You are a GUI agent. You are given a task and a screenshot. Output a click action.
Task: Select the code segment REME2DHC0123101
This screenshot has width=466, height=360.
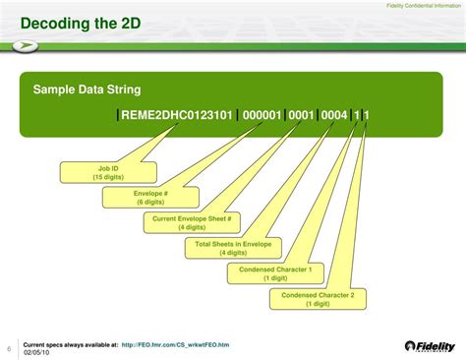point(177,115)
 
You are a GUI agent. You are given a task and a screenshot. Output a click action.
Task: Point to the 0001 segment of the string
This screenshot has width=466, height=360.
point(301,115)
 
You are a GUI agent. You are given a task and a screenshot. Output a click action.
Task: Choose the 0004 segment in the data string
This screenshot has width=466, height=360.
point(334,115)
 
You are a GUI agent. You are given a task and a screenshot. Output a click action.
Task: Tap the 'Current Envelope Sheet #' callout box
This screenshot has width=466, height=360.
point(191,222)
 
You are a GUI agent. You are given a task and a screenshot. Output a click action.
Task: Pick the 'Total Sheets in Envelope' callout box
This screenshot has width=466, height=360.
point(233,248)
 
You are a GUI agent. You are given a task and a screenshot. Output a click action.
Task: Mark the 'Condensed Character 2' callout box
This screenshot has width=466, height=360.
point(318,299)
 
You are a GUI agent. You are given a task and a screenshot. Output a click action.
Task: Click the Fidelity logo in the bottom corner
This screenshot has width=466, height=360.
point(431,346)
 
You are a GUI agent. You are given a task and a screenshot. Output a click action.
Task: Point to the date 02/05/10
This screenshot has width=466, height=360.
point(36,352)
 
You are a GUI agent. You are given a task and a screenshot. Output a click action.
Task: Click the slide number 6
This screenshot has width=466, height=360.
point(9,348)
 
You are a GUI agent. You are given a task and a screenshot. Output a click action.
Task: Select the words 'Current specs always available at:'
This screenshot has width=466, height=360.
point(70,345)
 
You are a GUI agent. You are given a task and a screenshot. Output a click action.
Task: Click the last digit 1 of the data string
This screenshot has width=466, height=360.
point(367,115)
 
